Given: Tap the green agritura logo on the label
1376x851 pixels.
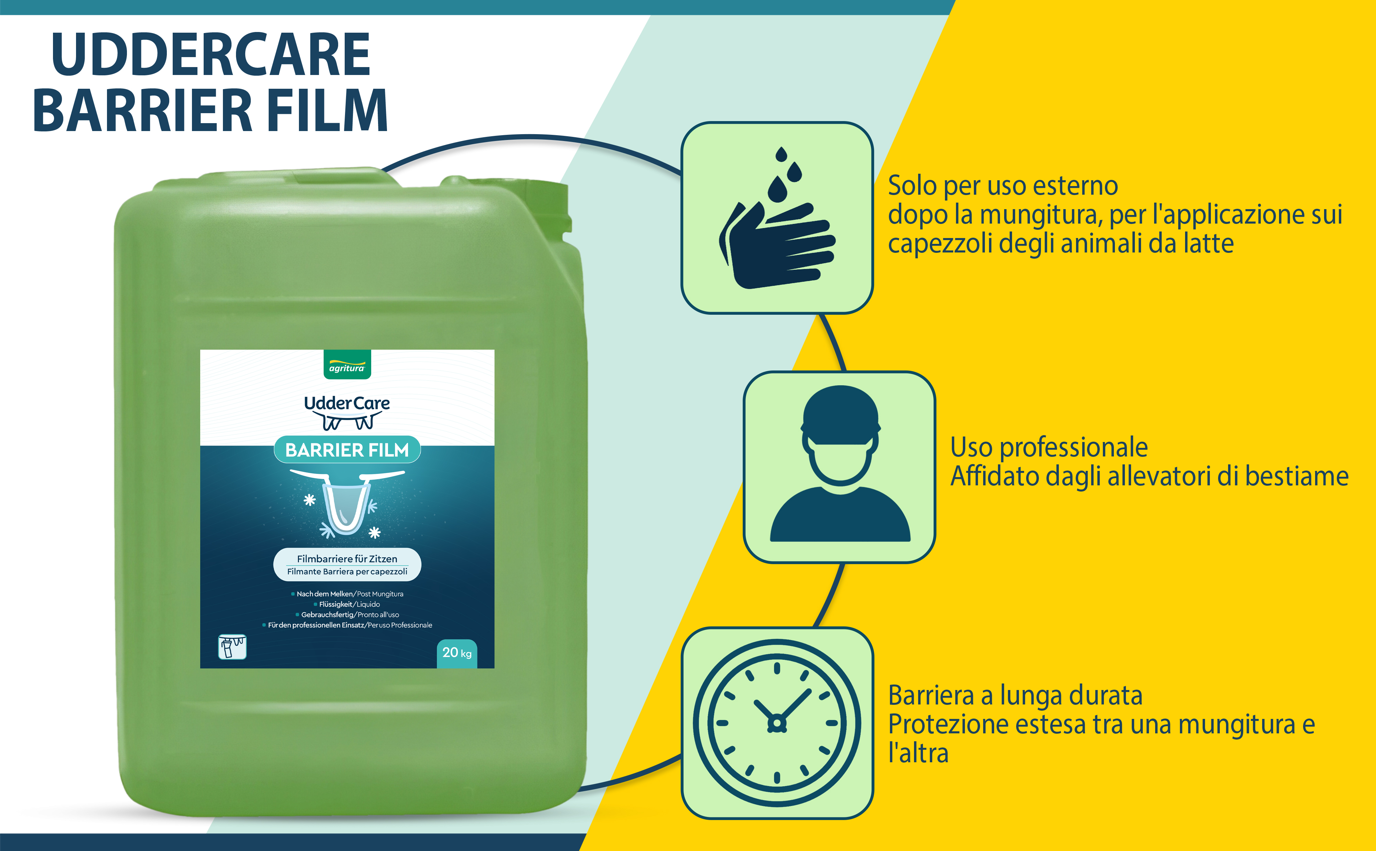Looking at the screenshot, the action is pos(347,365).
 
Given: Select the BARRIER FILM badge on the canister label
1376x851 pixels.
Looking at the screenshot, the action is pos(347,450).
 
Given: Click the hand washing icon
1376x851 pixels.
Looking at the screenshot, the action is pos(777,218).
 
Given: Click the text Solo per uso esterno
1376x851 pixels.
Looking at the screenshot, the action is pos(1003,185).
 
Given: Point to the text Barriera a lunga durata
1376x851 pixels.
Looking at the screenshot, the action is pos(1015,695).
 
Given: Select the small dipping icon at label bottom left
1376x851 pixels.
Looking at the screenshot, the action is pos(232,647).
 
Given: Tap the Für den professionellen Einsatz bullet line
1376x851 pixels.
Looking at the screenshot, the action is pos(347,625).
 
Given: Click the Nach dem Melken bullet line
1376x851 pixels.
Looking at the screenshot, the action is pos(347,594).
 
